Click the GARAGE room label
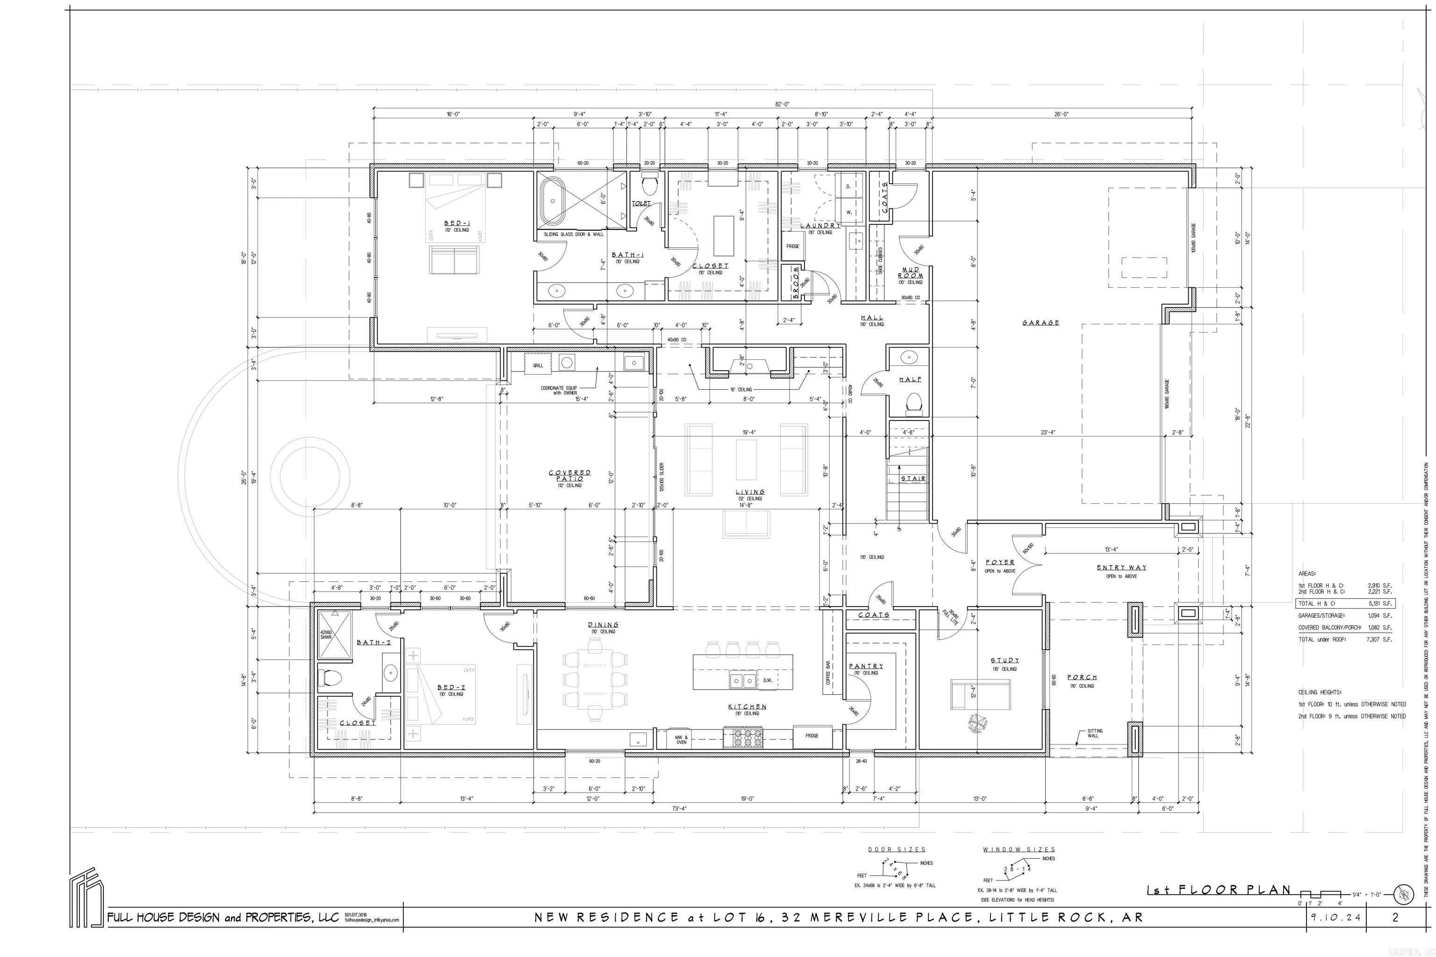coord(1041,323)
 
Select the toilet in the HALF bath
coord(913,403)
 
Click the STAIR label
coord(913,478)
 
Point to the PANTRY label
coord(866,666)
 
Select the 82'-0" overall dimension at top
coord(782,104)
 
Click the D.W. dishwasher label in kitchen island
coord(768,680)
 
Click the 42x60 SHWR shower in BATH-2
coord(335,635)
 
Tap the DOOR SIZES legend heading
coord(896,850)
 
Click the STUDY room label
coord(1005,660)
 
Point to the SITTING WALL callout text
coord(1094,733)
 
